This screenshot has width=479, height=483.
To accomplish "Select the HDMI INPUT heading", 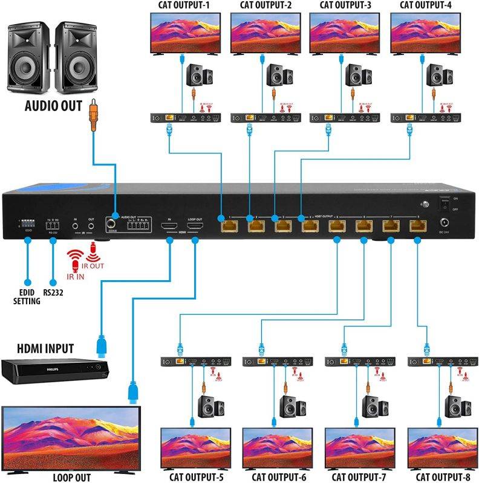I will pyautogui.click(x=45, y=348).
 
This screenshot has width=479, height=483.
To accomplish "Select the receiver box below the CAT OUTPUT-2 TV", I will pyautogui.click(x=264, y=118).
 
